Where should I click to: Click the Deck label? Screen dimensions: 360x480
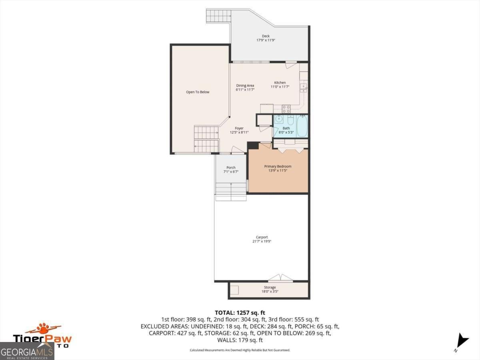point(266,36)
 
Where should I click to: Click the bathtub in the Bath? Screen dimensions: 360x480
point(302,126)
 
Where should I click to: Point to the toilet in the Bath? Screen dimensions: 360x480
point(291,120)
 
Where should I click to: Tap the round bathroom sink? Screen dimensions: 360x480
point(279,120)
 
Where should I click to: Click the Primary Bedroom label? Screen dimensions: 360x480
point(278,166)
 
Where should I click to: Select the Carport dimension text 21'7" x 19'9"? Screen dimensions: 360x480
point(262,241)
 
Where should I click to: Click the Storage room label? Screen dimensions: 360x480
point(270,287)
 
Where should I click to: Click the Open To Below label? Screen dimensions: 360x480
point(198,92)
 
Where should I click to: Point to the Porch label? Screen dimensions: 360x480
point(231,168)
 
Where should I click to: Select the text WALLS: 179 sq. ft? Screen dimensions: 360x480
point(240,340)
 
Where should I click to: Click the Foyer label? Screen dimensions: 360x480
point(239,128)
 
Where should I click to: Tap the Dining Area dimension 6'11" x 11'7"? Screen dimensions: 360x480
point(245,90)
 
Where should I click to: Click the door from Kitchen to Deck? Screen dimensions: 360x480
point(291,64)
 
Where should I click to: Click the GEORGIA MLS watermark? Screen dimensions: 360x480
point(27,352)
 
